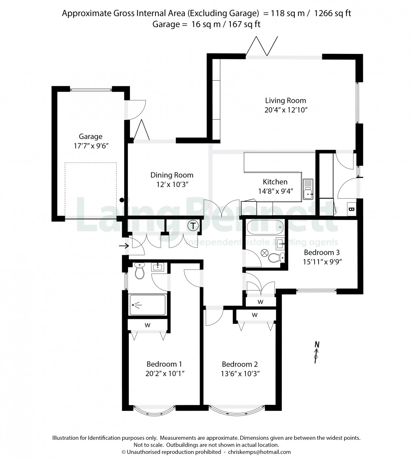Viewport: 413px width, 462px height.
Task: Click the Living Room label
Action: click(x=285, y=101)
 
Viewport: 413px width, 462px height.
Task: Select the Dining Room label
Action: click(x=172, y=175)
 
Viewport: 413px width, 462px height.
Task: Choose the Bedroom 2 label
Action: click(x=240, y=364)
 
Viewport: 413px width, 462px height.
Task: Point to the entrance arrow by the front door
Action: click(x=123, y=245)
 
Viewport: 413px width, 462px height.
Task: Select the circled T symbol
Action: click(x=194, y=226)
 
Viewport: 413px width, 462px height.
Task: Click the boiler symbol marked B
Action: click(x=351, y=210)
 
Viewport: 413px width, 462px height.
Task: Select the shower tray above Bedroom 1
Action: click(x=147, y=305)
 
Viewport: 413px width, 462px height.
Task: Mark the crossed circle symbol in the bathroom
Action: click(x=264, y=253)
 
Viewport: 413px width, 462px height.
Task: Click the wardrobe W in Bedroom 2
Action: click(x=255, y=315)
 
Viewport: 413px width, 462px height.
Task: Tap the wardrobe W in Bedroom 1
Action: click(x=148, y=325)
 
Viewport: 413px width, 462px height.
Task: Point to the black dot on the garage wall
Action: click(x=122, y=200)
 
